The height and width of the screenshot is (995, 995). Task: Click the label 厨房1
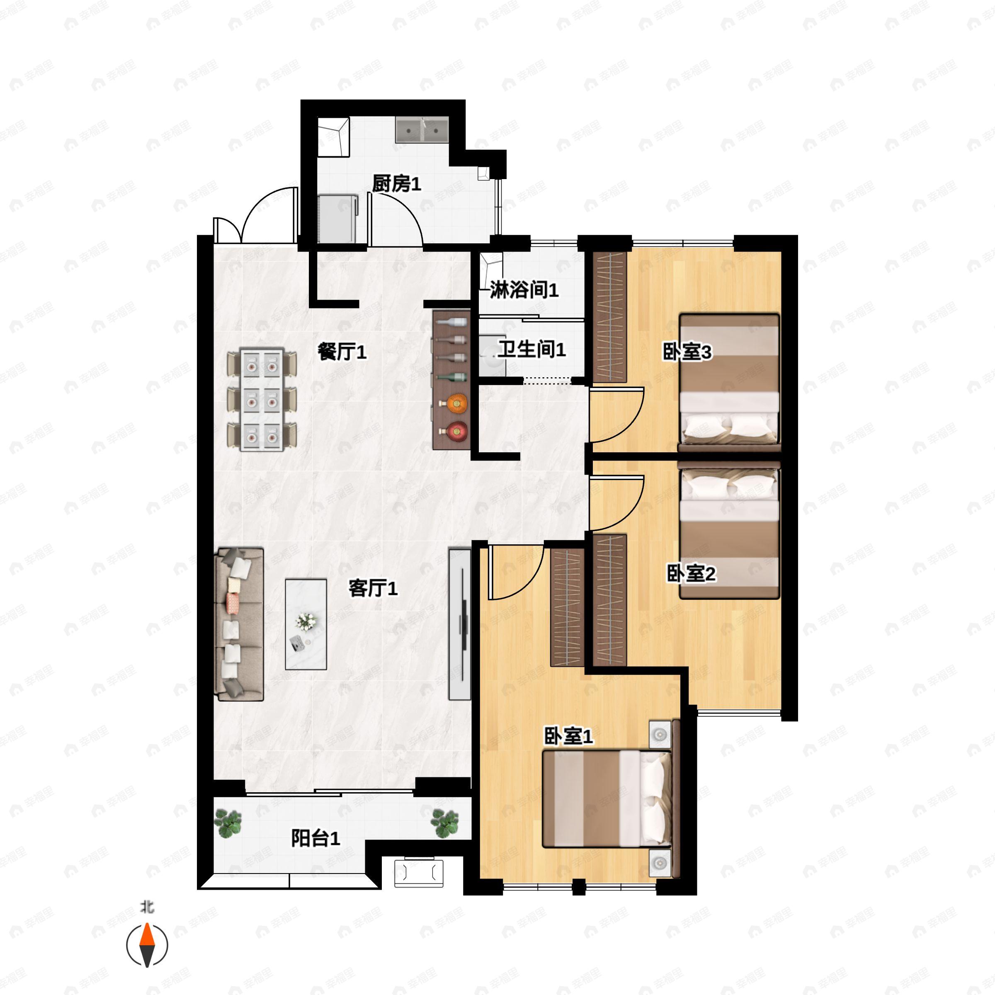click(397, 183)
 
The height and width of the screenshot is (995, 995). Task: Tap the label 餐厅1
click(342, 352)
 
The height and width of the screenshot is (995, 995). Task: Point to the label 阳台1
click(315, 838)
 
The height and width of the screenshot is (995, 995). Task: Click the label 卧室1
click(568, 736)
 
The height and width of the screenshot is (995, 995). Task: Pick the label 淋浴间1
click(524, 290)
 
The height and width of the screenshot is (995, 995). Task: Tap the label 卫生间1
click(531, 349)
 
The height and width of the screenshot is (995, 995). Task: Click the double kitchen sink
click(422, 130)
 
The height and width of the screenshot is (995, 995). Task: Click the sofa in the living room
click(240, 624)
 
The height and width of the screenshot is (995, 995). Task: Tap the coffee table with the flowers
click(306, 624)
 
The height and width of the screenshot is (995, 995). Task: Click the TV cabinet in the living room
click(459, 624)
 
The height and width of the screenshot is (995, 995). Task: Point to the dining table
click(262, 400)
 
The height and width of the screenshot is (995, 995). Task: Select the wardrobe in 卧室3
click(610, 317)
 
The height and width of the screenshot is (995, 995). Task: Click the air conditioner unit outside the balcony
click(419, 872)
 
